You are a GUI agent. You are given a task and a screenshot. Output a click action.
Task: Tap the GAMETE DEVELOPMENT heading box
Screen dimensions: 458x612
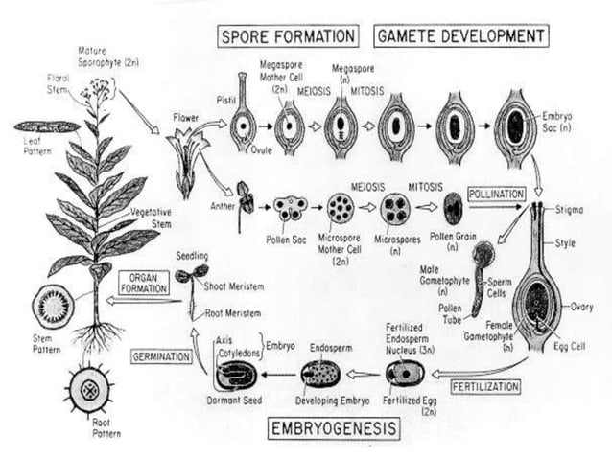point(460,37)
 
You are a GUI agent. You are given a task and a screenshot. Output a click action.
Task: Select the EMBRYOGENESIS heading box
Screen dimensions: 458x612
point(331,426)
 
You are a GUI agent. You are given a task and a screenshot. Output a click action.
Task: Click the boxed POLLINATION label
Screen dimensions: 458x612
point(496,194)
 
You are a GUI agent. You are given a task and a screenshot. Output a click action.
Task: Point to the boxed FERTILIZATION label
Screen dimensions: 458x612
point(485,387)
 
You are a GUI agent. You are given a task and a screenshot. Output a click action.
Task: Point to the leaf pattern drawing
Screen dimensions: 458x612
point(46,126)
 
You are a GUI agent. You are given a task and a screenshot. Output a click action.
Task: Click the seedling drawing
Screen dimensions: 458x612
point(191,278)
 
